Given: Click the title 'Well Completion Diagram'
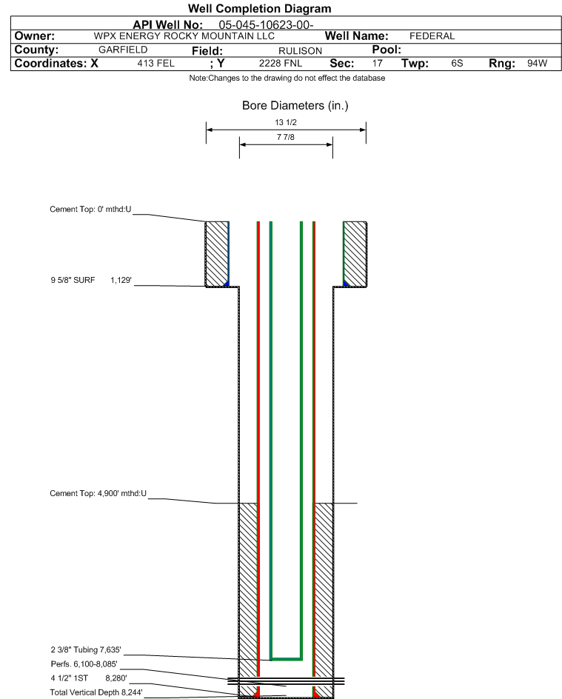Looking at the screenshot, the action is [259, 8].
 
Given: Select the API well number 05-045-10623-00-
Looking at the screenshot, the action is [266, 25].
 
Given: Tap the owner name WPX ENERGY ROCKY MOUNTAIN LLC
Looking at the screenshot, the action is [184, 36].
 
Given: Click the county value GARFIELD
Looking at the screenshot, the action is [123, 50].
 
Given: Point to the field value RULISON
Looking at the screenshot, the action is [301, 51].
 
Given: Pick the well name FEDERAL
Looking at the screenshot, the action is [432, 36].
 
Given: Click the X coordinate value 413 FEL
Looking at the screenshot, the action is [156, 63].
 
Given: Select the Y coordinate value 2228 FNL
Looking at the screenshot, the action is [281, 63].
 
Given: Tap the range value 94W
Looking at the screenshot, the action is [537, 63].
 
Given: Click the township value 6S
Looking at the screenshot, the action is [457, 63].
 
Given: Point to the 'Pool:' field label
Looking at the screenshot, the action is [387, 50].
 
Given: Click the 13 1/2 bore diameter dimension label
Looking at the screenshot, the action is [286, 122].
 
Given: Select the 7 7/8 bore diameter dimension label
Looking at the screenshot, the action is [286, 137].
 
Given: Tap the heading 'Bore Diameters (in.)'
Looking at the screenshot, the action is [295, 106].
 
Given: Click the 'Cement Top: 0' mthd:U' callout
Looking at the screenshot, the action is [90, 209].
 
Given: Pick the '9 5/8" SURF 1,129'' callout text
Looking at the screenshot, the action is [91, 280].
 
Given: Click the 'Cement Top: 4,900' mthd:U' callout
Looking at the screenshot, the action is [98, 493].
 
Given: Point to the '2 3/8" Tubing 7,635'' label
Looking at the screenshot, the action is [86, 649].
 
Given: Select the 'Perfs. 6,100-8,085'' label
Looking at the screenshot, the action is [84, 664].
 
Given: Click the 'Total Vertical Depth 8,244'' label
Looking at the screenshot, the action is [96, 692].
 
